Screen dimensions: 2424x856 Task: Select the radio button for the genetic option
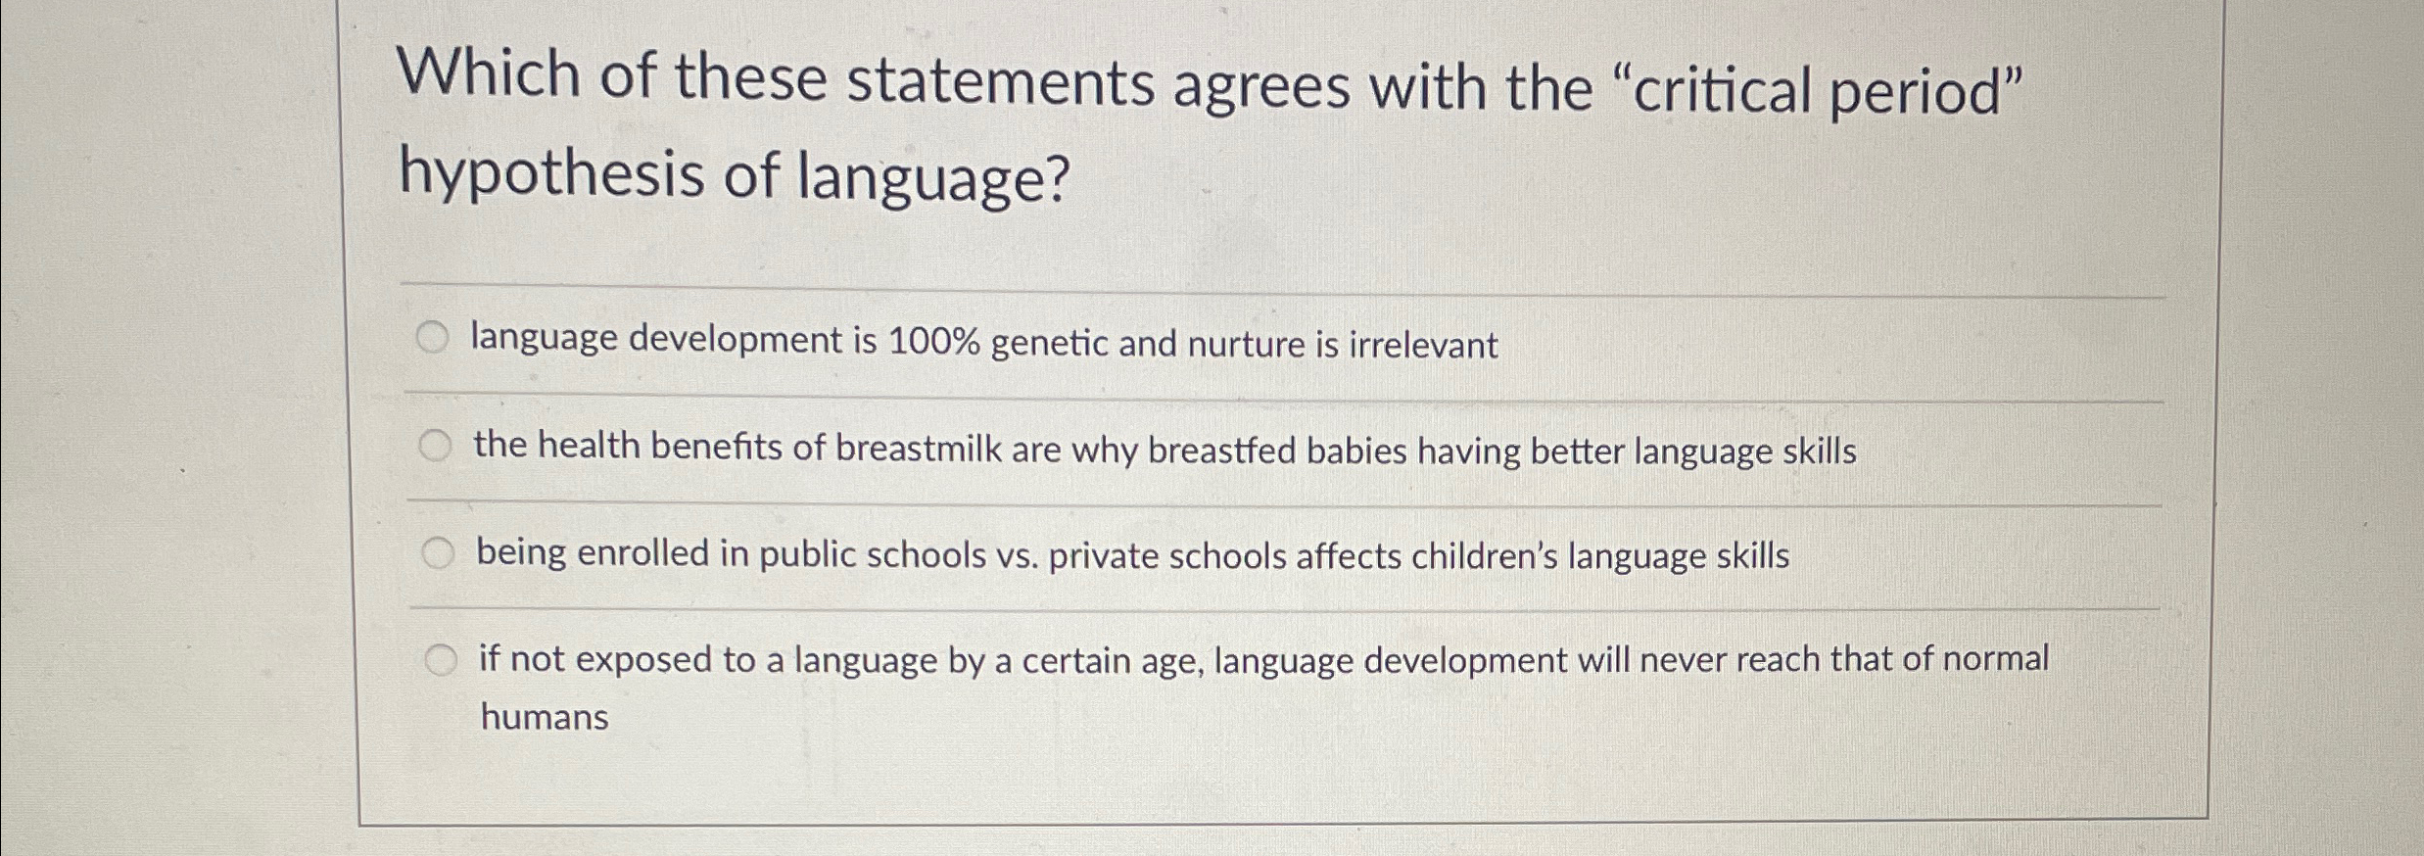coord(432,339)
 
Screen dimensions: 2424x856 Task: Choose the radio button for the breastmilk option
coord(435,447)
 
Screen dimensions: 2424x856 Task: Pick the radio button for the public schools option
coord(438,554)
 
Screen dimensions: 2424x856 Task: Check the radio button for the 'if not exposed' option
coord(441,661)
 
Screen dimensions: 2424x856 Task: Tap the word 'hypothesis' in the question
coord(551,177)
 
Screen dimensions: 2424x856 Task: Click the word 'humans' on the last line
coord(545,718)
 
